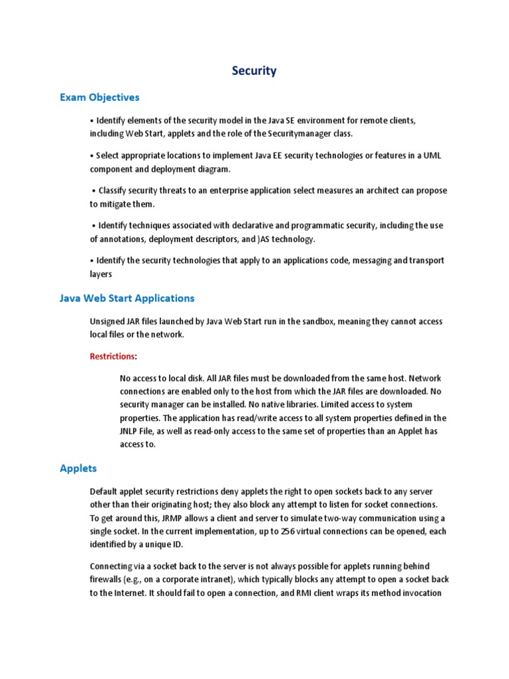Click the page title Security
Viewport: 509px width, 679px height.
pyautogui.click(x=254, y=71)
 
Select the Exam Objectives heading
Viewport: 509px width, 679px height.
pyautogui.click(x=99, y=97)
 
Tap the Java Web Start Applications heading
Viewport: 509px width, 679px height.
pyautogui.click(x=127, y=298)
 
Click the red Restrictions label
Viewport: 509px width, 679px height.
pyautogui.click(x=112, y=357)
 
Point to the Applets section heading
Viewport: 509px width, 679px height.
pyautogui.click(x=78, y=468)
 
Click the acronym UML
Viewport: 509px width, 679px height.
pyautogui.click(x=431, y=155)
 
